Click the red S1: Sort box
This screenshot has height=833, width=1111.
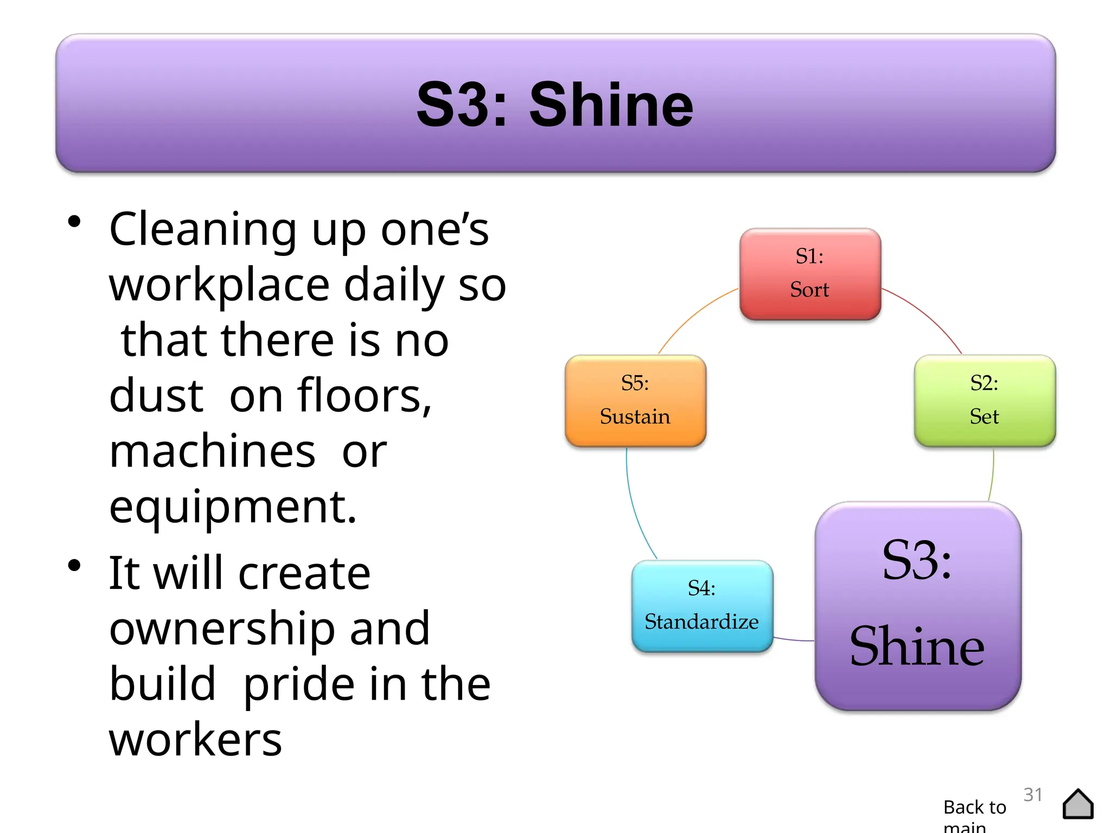click(810, 274)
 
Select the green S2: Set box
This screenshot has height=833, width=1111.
click(984, 401)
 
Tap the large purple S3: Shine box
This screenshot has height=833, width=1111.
click(918, 606)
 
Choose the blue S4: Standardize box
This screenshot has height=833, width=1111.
click(702, 606)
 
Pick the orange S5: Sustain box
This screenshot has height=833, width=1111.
click(635, 401)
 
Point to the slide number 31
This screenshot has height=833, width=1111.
click(1032, 794)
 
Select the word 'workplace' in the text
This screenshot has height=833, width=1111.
click(219, 285)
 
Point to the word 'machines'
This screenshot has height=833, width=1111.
click(212, 452)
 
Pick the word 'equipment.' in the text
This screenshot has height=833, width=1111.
click(233, 507)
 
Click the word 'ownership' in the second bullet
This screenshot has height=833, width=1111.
click(222, 629)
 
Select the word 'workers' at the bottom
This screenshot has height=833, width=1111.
click(195, 740)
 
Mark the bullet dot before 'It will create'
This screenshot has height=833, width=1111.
click(74, 566)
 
